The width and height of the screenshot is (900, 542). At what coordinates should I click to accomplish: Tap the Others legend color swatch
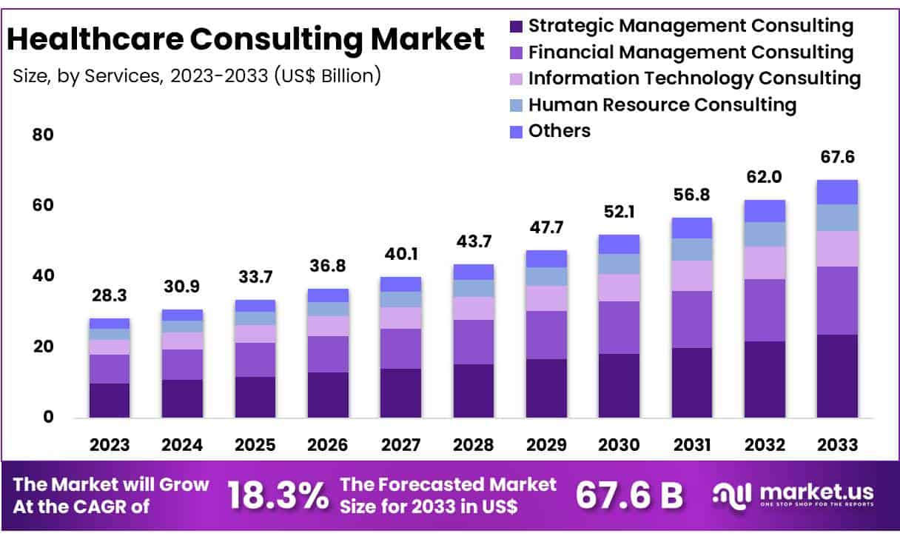[516, 132]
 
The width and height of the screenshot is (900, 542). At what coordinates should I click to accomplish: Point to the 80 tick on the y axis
[43, 135]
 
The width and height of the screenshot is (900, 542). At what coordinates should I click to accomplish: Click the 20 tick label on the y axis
[43, 347]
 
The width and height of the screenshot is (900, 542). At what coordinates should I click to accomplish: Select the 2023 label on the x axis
[110, 445]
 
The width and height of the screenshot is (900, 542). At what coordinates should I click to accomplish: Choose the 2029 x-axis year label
[546, 445]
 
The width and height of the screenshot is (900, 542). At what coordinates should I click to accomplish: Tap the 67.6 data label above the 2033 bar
[837, 158]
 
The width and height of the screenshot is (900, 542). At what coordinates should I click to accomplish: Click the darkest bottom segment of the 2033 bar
[837, 376]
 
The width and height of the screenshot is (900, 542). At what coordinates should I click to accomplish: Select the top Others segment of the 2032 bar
[765, 211]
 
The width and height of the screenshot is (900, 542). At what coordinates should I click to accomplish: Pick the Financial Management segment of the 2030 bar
[619, 327]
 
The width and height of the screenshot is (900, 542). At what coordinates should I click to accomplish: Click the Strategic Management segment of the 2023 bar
[110, 401]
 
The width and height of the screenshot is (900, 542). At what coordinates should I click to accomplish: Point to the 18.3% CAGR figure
[278, 496]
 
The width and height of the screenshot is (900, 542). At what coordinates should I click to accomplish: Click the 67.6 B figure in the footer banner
[629, 496]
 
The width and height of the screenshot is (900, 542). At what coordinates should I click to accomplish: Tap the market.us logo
[793, 495]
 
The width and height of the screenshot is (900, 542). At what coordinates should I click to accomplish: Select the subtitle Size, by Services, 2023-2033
[197, 76]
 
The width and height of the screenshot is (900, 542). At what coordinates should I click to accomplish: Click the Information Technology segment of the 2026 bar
[328, 326]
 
